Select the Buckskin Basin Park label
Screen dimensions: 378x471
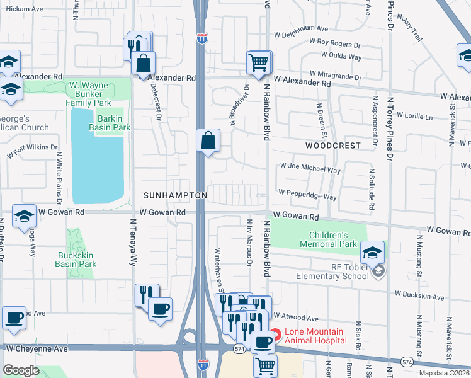[76, 260]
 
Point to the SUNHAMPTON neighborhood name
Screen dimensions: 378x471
[175, 196]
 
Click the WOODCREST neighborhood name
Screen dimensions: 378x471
[333, 146]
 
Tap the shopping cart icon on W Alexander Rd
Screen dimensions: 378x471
[258, 62]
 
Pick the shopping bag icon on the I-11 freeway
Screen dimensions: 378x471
[208, 140]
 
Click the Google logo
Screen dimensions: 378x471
[21, 370]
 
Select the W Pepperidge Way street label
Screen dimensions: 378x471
[307, 195]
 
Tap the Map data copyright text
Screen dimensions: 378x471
[444, 373]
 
